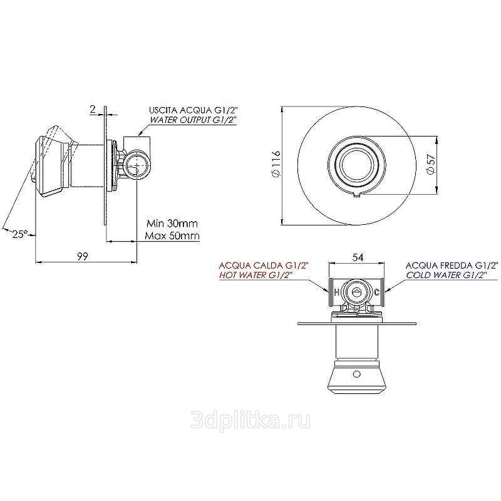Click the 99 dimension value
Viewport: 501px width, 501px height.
click(82, 256)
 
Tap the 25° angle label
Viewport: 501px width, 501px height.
click(19, 234)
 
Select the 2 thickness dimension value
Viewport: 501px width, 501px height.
click(93, 110)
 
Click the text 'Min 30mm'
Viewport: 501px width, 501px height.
click(172, 223)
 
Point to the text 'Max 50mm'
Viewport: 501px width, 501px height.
click(172, 236)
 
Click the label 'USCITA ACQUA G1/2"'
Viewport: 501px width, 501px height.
click(193, 111)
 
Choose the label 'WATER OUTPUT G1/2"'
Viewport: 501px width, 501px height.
click(193, 120)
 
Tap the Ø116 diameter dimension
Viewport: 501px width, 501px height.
click(276, 164)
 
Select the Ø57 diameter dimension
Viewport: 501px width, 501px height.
click(431, 164)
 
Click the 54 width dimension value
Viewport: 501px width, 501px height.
click(358, 257)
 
